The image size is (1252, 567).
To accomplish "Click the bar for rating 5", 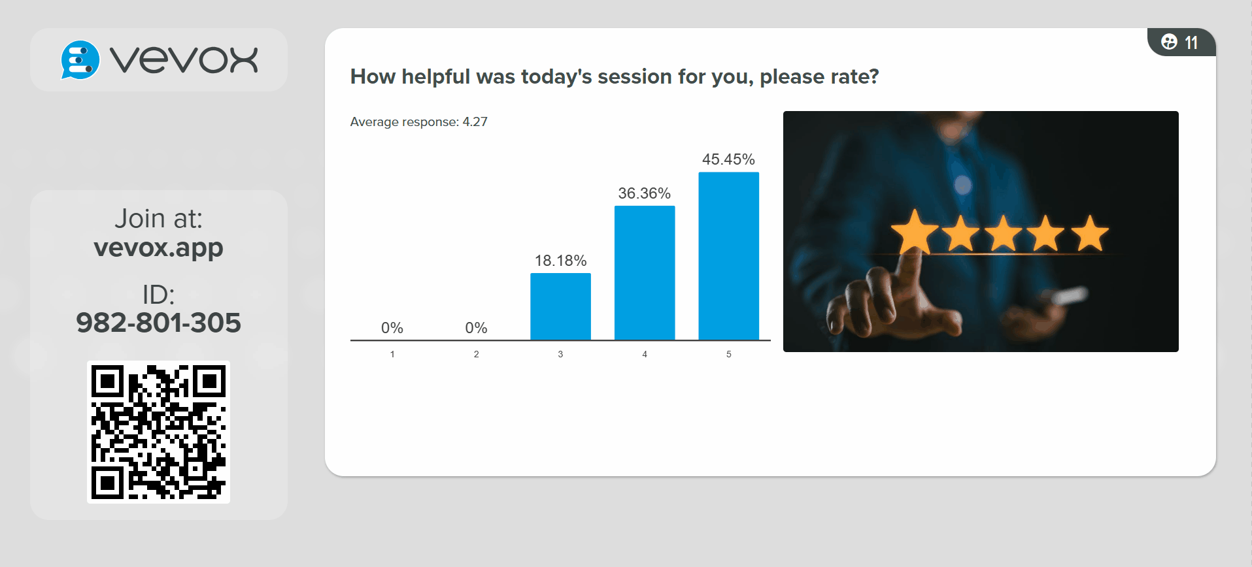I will (728, 255).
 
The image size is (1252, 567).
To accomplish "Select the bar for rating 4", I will (645, 272).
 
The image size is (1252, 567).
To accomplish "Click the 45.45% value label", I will (728, 159).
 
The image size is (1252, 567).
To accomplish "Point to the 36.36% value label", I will (645, 193).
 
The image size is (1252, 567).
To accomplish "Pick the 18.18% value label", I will (560, 261).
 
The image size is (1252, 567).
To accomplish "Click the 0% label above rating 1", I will (392, 328).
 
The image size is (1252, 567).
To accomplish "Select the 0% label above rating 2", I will (476, 328).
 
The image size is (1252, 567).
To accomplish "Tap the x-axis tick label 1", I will (392, 354).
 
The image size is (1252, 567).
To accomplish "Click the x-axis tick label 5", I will (728, 354).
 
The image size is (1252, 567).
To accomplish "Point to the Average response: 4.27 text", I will (418, 122).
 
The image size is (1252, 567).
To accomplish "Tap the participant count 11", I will (1191, 43).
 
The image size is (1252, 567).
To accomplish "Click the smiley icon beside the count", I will (1169, 42).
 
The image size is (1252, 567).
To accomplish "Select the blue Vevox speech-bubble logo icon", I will (80, 60).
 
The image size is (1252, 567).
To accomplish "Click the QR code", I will (158, 432).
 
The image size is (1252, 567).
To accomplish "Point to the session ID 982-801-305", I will (158, 323).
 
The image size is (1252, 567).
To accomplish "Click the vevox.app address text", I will (158, 248).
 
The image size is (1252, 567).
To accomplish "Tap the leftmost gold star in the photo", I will (915, 232).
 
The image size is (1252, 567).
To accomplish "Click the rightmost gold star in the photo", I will (1089, 234).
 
